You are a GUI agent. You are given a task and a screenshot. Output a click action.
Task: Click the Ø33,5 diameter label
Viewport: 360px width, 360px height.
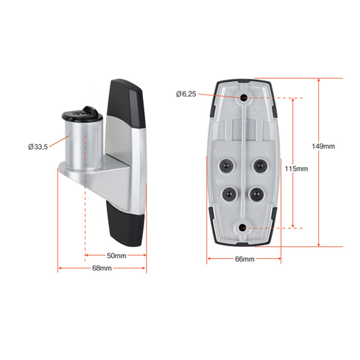point(37,146)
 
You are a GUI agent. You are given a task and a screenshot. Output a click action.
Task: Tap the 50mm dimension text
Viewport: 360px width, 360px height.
point(116,256)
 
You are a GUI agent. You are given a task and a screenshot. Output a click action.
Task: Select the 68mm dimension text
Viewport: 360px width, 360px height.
point(102,268)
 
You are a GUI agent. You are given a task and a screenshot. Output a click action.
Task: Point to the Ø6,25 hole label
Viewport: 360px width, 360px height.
point(187,94)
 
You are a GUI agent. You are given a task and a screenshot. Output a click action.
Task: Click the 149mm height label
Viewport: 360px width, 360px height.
point(323,146)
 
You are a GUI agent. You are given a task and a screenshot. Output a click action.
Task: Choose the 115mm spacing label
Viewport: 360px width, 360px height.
point(296,169)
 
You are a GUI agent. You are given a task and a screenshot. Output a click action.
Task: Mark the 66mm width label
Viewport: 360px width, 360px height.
point(244,259)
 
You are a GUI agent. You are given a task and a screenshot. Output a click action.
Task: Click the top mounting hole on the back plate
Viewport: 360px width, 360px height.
point(244,98)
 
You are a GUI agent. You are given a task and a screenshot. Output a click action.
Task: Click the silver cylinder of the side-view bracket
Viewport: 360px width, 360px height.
point(81,142)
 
